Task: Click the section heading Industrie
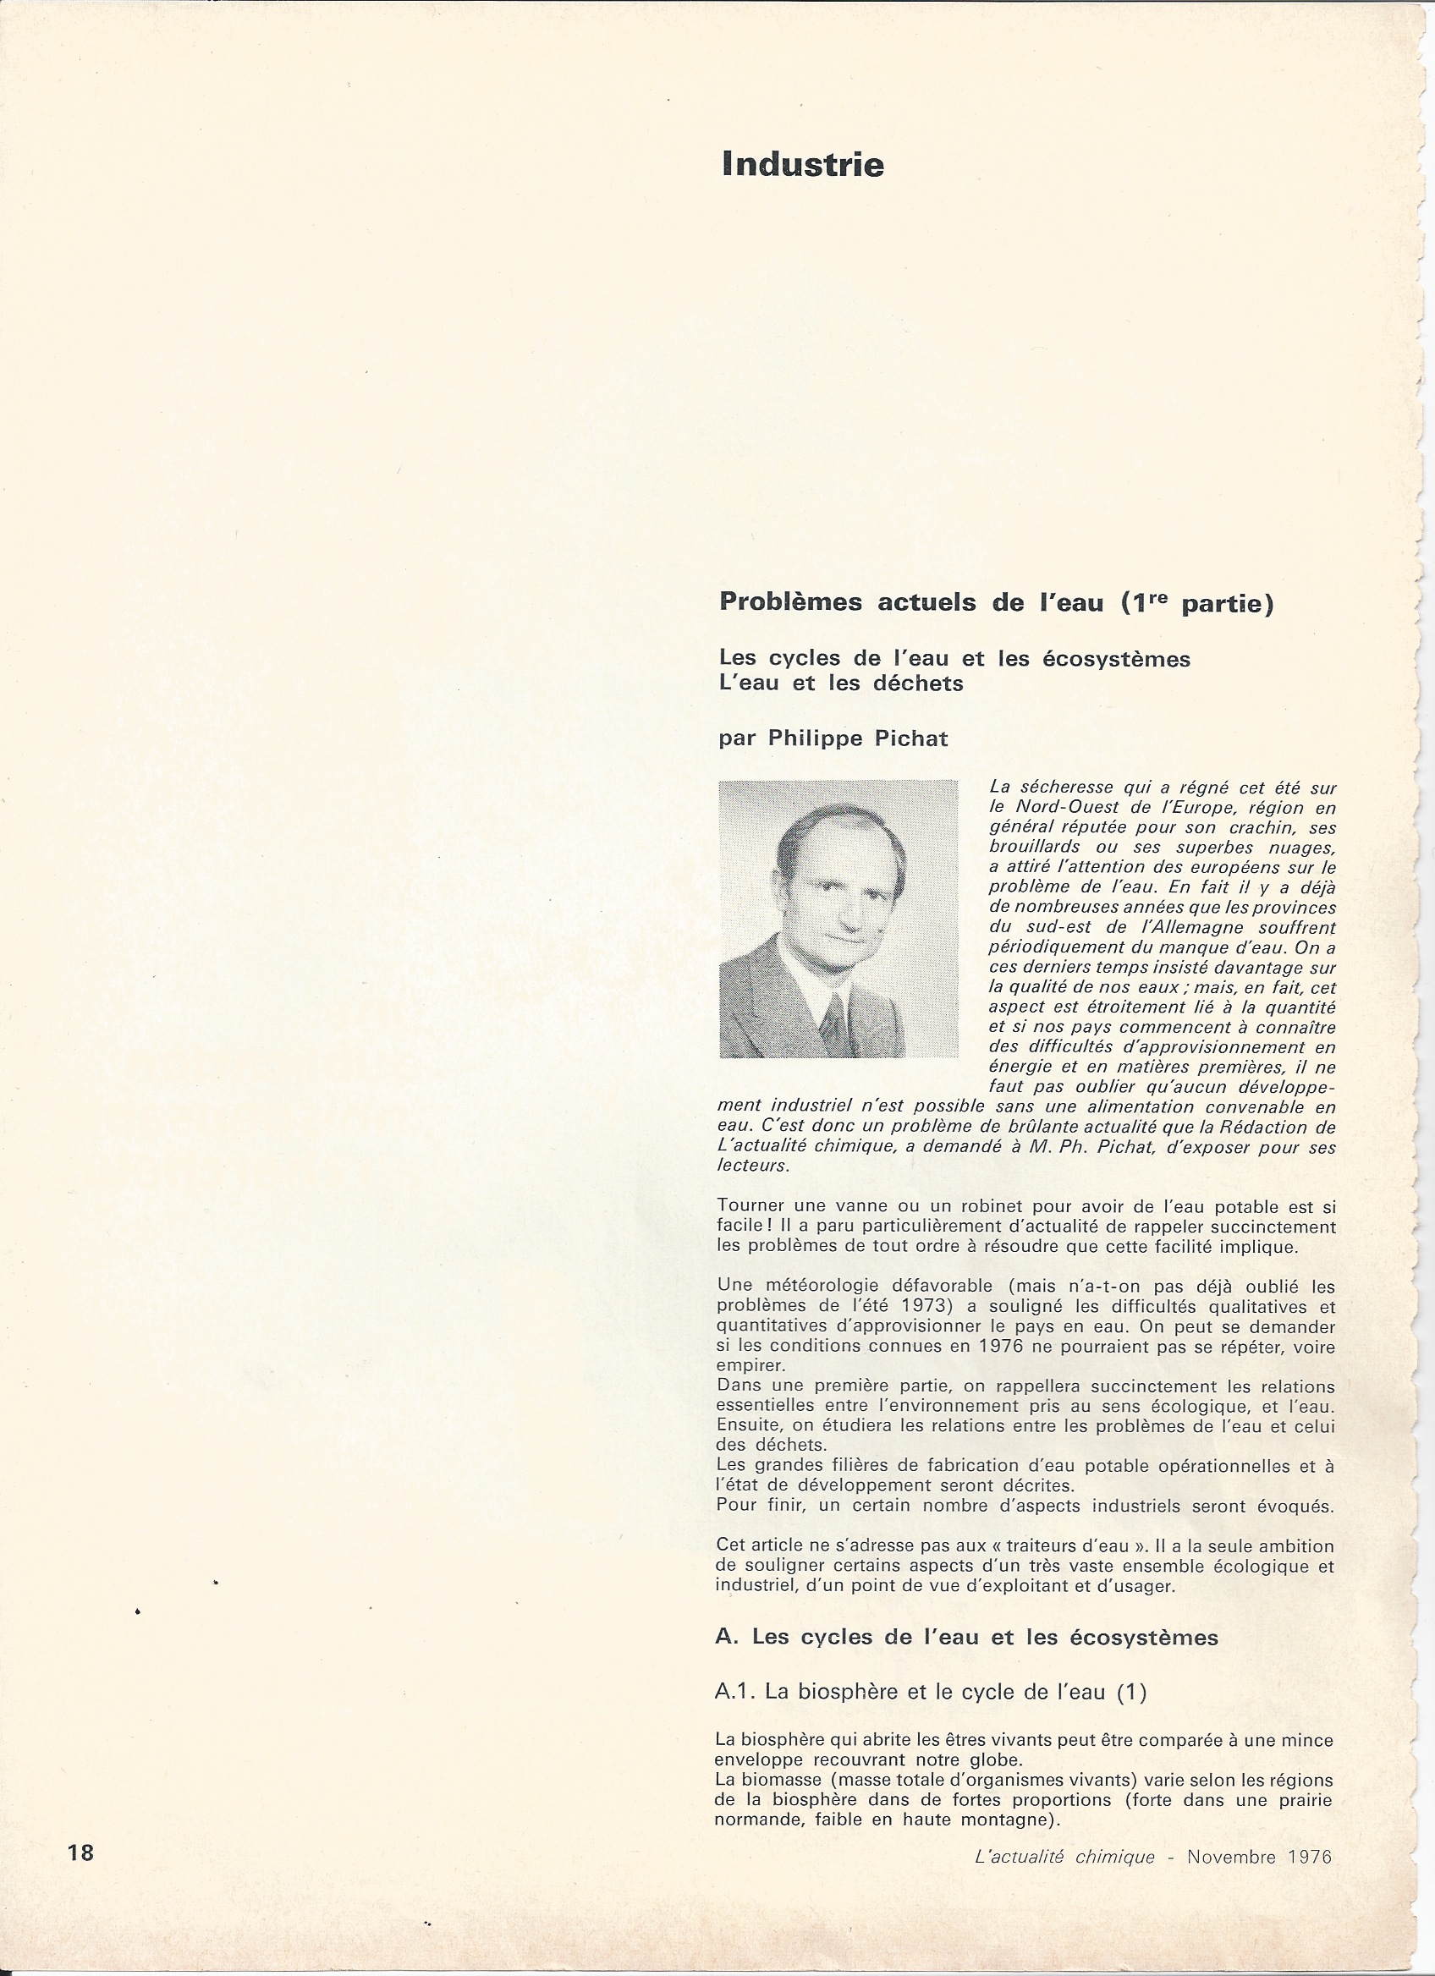[802, 165]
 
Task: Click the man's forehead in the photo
[838, 849]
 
